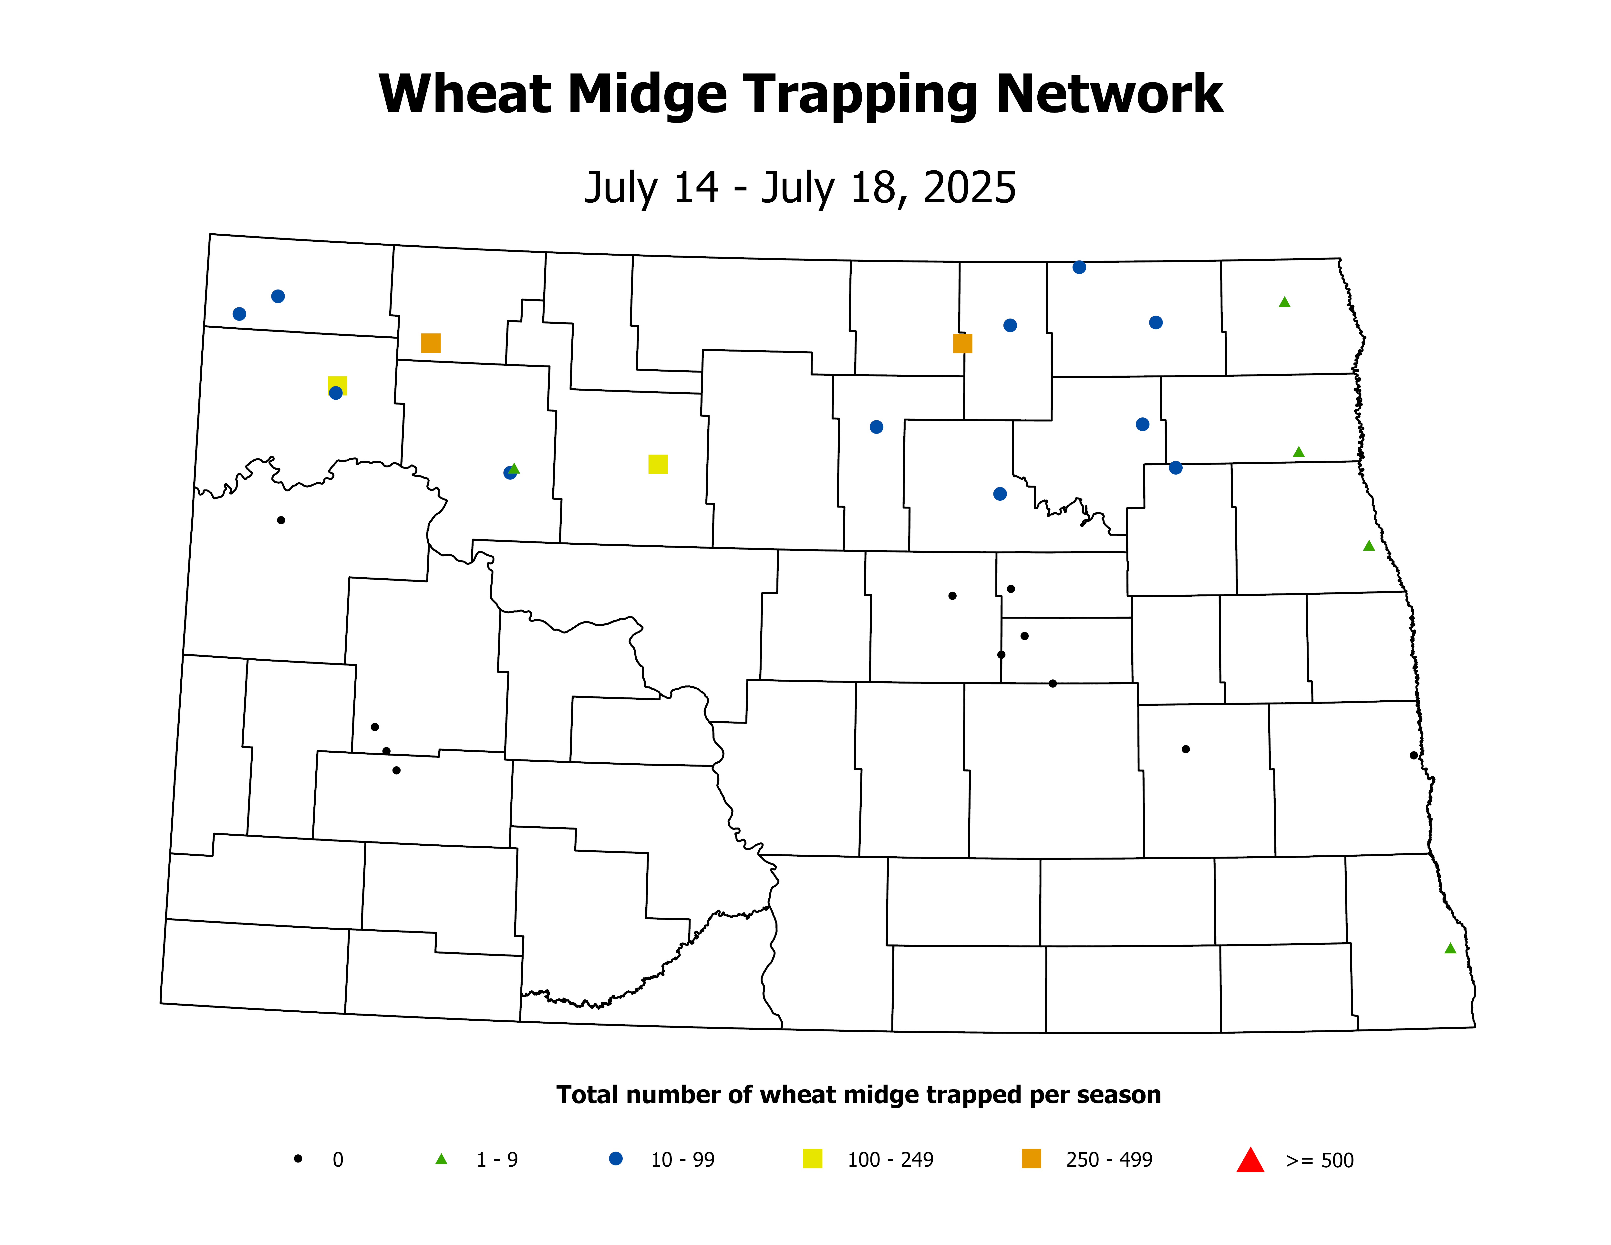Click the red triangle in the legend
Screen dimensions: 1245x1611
click(x=1250, y=1160)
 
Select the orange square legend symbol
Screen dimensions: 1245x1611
click(x=1031, y=1159)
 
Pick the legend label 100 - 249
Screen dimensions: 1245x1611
click(x=890, y=1160)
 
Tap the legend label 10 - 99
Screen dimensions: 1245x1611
click(x=682, y=1160)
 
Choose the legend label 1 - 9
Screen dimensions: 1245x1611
click(x=497, y=1160)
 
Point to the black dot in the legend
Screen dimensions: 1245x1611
click(x=298, y=1159)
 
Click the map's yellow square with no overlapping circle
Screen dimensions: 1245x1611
click(x=658, y=464)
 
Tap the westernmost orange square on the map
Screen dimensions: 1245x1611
click(x=431, y=343)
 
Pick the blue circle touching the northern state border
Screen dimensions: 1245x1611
click(x=1079, y=267)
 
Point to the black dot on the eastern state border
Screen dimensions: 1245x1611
click(x=1413, y=755)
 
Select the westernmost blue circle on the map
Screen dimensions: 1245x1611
click(x=239, y=314)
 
